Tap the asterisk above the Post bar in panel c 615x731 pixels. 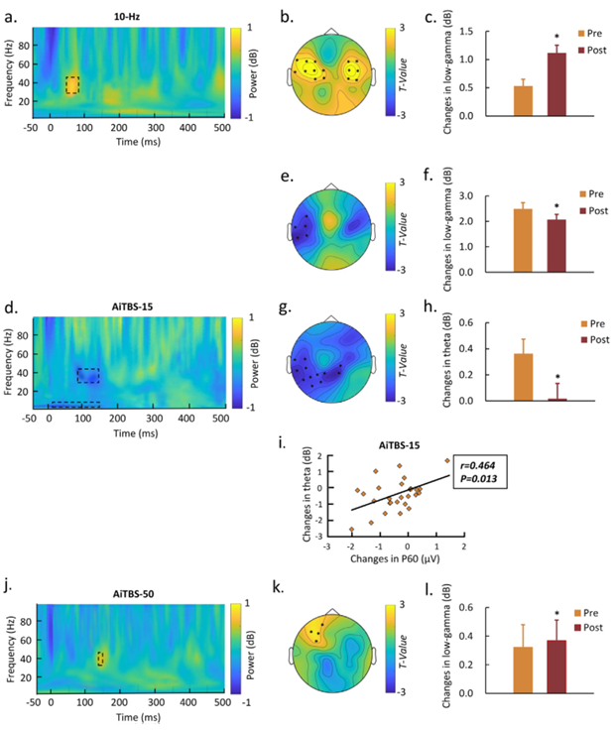tap(557, 39)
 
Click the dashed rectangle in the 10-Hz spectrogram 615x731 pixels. tap(71, 85)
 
